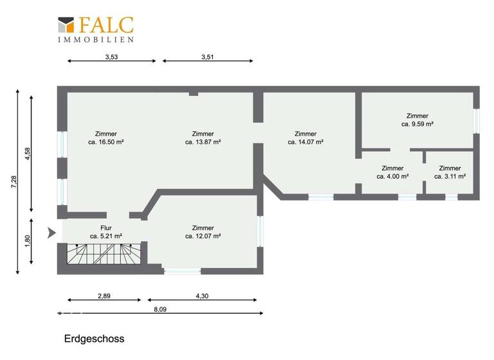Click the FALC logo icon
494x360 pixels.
[67, 25]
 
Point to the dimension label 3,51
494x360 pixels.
[208, 57]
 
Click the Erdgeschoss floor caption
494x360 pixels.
[94, 338]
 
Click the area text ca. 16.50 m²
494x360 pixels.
[105, 142]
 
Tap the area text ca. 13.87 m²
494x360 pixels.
[203, 142]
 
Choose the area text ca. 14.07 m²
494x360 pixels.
[305, 142]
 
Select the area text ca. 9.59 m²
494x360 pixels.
[417, 124]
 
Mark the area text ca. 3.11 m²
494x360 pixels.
[450, 176]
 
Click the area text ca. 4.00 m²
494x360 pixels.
[392, 176]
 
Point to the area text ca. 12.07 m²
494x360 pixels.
[203, 236]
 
